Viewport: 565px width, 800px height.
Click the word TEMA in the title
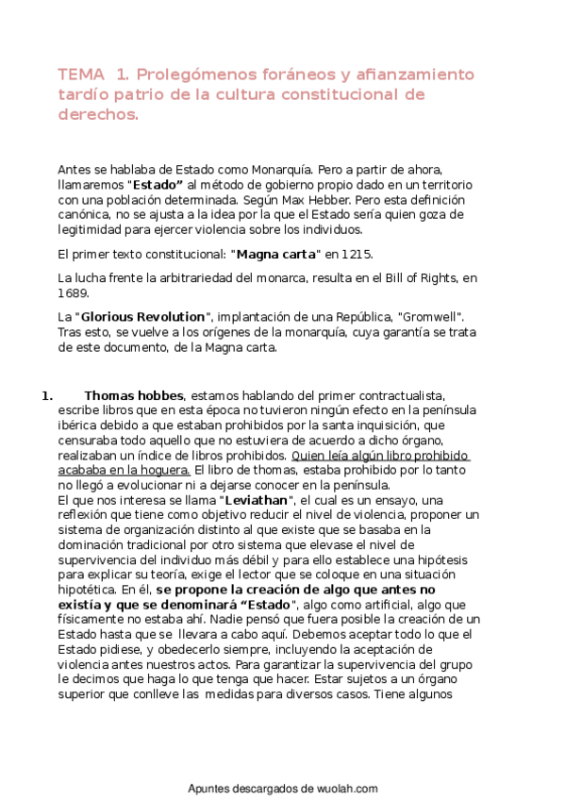pyautogui.click(x=81, y=75)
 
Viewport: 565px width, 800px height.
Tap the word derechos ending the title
pyautogui.click(x=97, y=114)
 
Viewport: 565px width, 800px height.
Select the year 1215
pyautogui.click(x=356, y=255)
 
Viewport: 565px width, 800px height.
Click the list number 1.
pyautogui.click(x=46, y=395)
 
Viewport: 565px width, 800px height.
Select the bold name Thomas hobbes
pyautogui.click(x=133, y=395)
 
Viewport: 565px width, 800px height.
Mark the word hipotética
pyautogui.click(x=87, y=589)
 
